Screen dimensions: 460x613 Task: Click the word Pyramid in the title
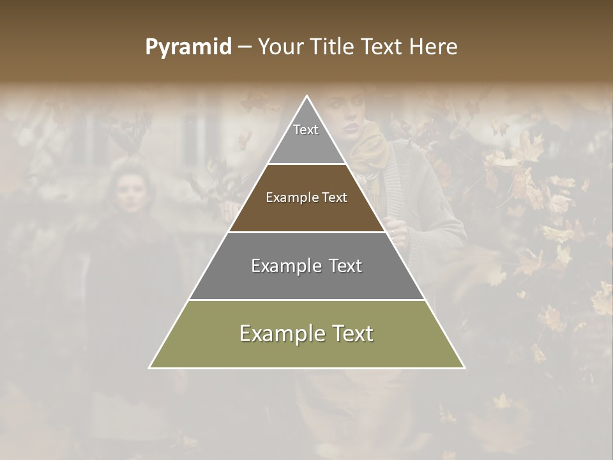188,47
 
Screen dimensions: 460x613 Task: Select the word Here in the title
434,47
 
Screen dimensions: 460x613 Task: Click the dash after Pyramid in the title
244,47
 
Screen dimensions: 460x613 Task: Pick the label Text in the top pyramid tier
306,130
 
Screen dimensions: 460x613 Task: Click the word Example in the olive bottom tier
278,333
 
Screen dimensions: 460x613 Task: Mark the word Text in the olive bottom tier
352,333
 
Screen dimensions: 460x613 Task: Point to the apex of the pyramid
307,97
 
